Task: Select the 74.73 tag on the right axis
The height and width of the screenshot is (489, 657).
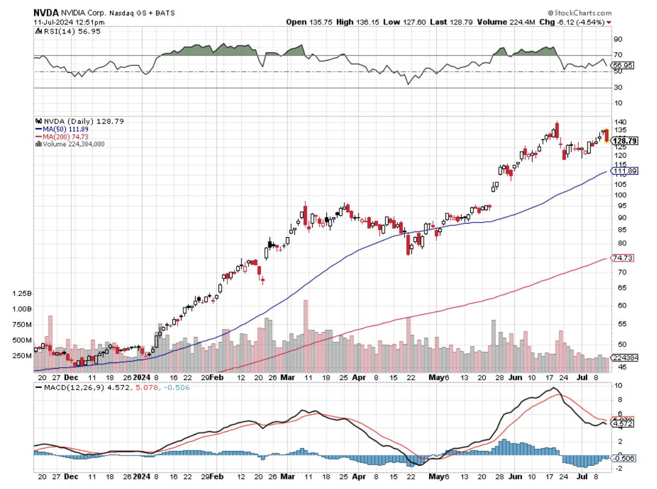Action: click(x=622, y=258)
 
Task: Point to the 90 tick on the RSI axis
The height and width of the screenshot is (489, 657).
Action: click(x=617, y=40)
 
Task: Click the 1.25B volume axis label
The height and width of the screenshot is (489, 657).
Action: click(x=22, y=294)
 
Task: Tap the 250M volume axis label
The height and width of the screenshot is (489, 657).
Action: click(x=22, y=356)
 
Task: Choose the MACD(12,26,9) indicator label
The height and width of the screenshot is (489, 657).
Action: click(x=63, y=387)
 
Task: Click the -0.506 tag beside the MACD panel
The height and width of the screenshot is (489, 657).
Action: click(x=622, y=458)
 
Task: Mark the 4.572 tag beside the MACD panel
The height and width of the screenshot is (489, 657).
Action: click(x=622, y=424)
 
